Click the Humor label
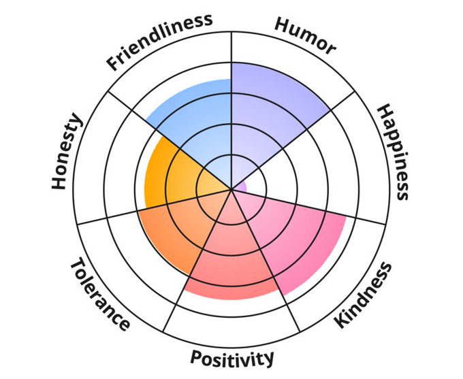[x=304, y=35]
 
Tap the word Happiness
[x=393, y=152]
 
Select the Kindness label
[x=364, y=295]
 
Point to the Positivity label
[x=232, y=357]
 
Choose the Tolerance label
[x=99, y=294]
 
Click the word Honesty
[x=67, y=152]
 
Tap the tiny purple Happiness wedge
[x=240, y=185]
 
